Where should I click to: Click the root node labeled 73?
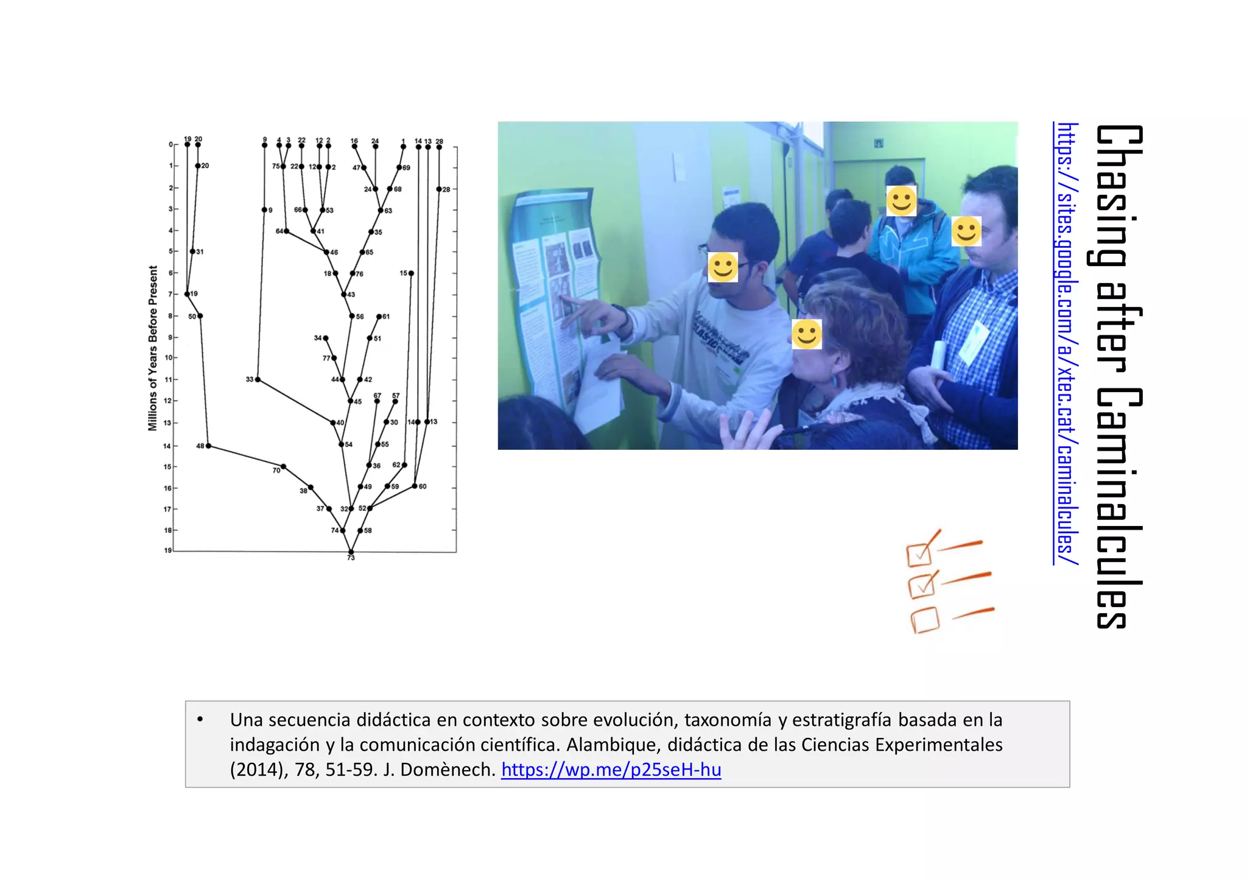351,552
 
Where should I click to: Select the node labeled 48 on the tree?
208,446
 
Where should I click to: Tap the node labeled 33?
258,379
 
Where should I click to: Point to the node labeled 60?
415,486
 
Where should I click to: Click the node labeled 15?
411,273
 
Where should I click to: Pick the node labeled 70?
283,466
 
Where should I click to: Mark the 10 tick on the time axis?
169,357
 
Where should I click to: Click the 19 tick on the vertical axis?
168,550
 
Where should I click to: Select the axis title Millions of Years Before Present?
153,348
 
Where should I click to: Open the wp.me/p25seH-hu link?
611,770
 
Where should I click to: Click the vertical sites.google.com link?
1066,343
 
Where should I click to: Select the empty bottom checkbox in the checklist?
925,621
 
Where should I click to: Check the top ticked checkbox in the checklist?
919,554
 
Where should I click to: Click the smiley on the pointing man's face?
723,267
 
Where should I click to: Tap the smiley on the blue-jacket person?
901,201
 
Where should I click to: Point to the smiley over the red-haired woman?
807,334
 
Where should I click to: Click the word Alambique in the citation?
614,745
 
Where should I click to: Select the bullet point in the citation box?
200,720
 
